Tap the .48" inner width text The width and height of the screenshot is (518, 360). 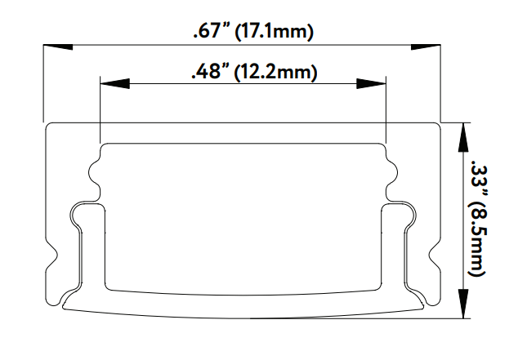[x=209, y=73]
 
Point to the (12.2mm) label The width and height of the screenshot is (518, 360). [x=275, y=73]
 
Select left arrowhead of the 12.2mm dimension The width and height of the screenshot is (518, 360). [x=113, y=82]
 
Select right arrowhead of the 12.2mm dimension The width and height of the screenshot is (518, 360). [x=371, y=82]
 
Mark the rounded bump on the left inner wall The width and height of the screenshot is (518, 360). [x=92, y=173]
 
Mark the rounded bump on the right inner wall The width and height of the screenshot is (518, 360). [x=393, y=173]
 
